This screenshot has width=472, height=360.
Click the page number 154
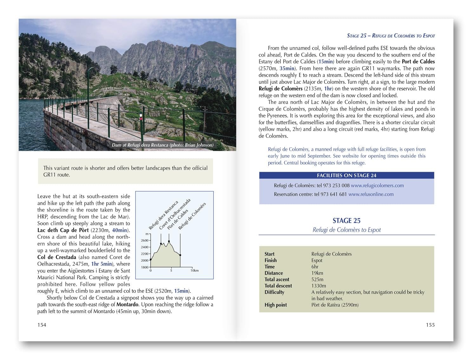[42, 325]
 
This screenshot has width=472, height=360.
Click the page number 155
[430, 325]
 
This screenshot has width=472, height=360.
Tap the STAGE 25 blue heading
[346, 221]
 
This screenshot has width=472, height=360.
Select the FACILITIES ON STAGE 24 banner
[346, 175]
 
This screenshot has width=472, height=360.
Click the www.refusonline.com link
[371, 194]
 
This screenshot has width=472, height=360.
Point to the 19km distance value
[317, 273]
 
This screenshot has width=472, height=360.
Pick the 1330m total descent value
[318, 286]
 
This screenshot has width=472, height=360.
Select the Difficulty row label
[274, 292]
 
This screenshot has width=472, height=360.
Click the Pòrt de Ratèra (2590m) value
[335, 305]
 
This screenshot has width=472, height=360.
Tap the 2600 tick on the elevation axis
[145, 240]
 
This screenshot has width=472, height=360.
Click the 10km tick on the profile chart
[194, 270]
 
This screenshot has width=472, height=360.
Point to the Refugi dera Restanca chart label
[163, 215]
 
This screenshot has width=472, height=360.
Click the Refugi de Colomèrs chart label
[192, 216]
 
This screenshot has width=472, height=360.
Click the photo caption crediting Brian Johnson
[162, 145]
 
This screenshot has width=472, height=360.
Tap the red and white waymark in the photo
[141, 117]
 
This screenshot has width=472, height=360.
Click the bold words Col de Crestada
[57, 257]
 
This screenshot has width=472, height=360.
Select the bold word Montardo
[127, 304]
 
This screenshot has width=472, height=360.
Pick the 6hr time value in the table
[315, 267]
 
